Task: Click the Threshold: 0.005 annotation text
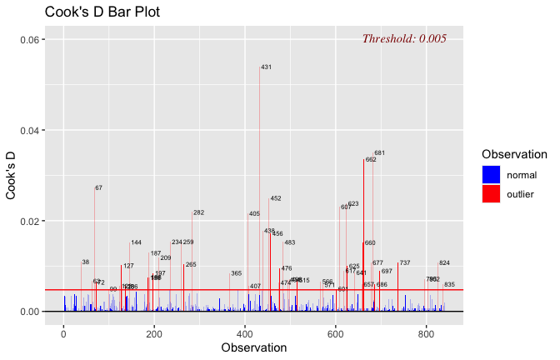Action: tap(404, 38)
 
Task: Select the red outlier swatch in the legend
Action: tap(491, 194)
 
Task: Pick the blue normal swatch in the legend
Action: tap(491, 175)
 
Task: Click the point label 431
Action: tap(267, 67)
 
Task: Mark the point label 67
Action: tap(99, 188)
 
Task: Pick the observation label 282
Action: tap(198, 213)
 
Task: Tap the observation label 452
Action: tap(276, 199)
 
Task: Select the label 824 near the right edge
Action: tap(444, 263)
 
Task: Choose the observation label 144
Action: tap(136, 243)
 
